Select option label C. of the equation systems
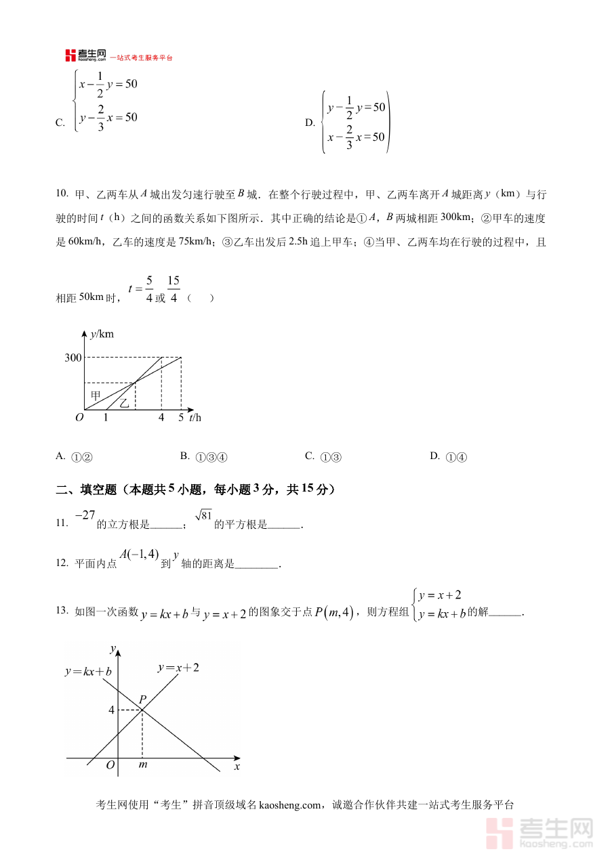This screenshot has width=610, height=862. coord(60,123)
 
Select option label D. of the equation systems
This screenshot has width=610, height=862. coord(310,123)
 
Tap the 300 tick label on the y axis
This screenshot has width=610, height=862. coord(73,358)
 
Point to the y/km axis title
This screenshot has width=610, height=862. coord(102,334)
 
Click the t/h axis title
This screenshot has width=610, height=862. coord(195,417)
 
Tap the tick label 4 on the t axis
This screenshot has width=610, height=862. coord(161,418)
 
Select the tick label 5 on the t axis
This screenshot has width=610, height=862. coord(181,418)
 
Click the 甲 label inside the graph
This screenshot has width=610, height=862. coord(96,394)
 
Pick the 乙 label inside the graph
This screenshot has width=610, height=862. coord(124,403)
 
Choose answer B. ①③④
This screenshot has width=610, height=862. coord(203,457)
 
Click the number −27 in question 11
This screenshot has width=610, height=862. coord(85,515)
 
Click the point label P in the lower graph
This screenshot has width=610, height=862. coord(142,699)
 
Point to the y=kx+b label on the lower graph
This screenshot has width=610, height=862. coord(88,672)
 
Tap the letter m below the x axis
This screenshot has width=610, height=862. coord(142,765)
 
